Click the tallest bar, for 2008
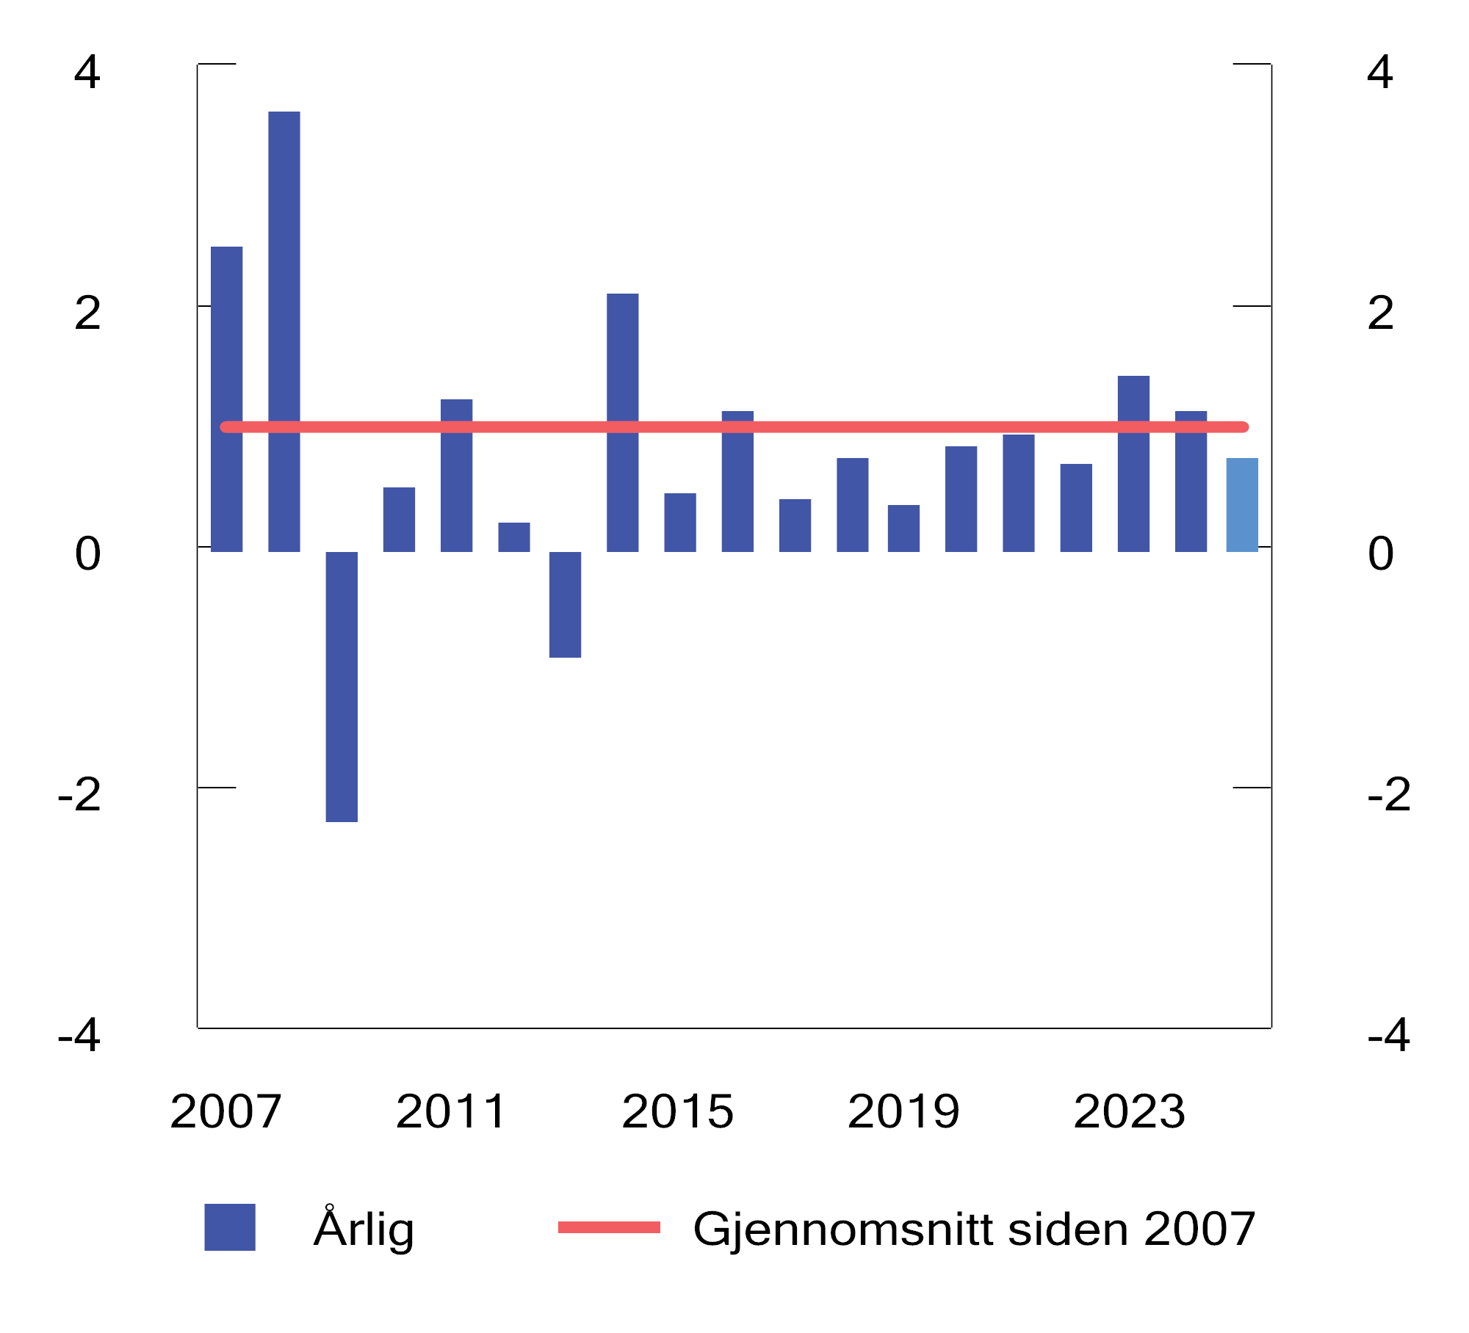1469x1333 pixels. (284, 330)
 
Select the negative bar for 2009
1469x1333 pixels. (342, 686)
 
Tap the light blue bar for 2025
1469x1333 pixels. (1241, 504)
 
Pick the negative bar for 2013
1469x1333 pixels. (565, 603)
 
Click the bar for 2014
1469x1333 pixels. (622, 422)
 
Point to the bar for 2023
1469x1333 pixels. (1133, 463)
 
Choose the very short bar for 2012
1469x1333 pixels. (513, 537)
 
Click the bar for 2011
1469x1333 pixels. (456, 475)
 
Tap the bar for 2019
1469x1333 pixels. (903, 528)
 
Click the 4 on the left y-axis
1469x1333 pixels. (87, 73)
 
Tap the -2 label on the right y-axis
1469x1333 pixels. (1388, 794)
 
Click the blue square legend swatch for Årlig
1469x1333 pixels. (230, 1227)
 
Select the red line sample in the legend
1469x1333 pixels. (609, 1227)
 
